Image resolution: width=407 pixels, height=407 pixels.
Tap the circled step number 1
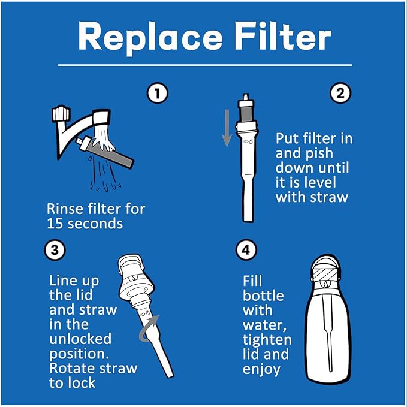coord(158,93)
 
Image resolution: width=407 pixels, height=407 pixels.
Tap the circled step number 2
coord(339,93)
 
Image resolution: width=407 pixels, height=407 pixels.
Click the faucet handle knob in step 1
coord(59,114)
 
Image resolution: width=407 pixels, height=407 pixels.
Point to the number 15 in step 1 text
coord(55,224)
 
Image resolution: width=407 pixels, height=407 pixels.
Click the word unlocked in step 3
coord(80,339)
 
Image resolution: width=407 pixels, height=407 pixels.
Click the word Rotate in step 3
coord(71,367)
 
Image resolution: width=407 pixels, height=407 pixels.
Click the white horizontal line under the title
coord(204,65)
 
